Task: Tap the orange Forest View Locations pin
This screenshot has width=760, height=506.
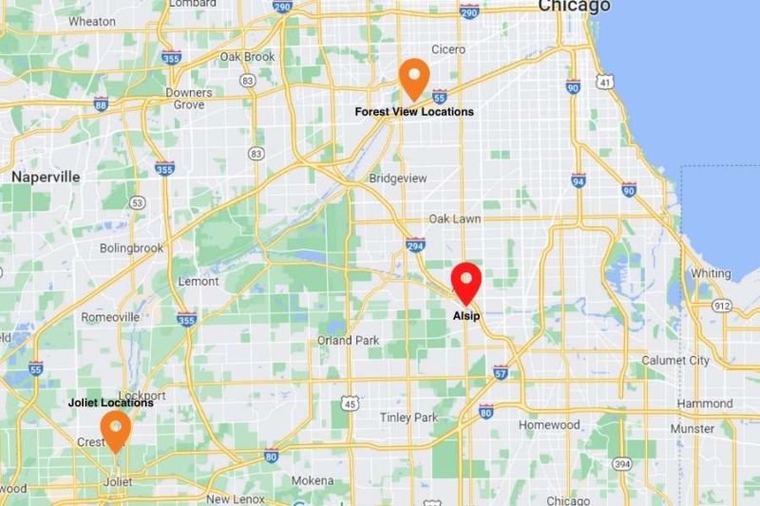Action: point(413,78)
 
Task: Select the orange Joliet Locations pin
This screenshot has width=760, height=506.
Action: point(116,429)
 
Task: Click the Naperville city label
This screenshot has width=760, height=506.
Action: point(46,177)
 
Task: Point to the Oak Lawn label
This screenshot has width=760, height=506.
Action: point(454,218)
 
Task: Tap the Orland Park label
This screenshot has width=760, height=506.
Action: point(349,340)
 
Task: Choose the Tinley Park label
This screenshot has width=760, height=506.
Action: point(408,418)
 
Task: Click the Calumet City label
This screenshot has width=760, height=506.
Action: point(675,360)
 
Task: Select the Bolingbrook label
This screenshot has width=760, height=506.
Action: point(131,249)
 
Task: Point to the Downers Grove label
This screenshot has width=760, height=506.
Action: point(189,99)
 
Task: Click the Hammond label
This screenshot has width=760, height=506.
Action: point(704,403)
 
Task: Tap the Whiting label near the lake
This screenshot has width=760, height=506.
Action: point(711,273)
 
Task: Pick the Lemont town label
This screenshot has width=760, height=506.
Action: point(199,282)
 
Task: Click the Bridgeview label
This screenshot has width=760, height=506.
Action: point(398,178)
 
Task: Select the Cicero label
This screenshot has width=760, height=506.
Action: point(447,48)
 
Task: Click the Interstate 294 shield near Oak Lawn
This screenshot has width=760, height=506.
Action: point(414,244)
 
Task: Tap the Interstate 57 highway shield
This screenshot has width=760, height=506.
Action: point(501,374)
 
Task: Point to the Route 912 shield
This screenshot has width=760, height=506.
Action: point(723,306)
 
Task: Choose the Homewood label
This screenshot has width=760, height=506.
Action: point(549,424)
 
